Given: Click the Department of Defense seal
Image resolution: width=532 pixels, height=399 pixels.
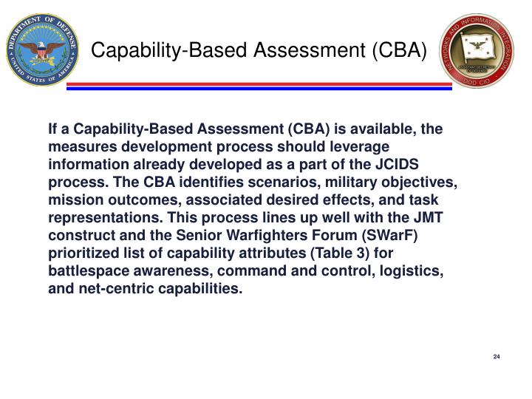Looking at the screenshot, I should click(41, 50).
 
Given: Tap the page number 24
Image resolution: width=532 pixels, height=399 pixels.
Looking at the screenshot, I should click(497, 358).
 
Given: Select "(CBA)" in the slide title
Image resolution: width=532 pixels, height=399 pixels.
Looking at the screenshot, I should click(400, 50).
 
